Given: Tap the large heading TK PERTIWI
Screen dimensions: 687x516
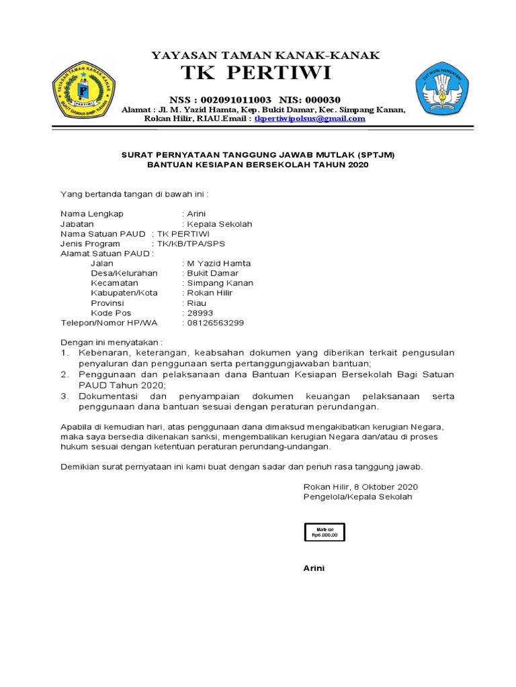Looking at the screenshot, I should [x=256, y=73].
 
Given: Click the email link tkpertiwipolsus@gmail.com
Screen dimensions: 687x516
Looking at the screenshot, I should [x=309, y=119].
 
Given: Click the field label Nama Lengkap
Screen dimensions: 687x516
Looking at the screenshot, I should [x=92, y=214].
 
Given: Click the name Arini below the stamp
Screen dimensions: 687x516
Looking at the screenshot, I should [x=314, y=568].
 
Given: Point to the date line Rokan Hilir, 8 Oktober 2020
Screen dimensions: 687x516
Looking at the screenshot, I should [x=360, y=486].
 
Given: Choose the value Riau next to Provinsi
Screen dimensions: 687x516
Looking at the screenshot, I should [x=197, y=303].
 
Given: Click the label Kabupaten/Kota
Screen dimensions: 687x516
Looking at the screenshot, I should [x=124, y=293].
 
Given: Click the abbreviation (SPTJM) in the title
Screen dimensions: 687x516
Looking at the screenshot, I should [x=372, y=154].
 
